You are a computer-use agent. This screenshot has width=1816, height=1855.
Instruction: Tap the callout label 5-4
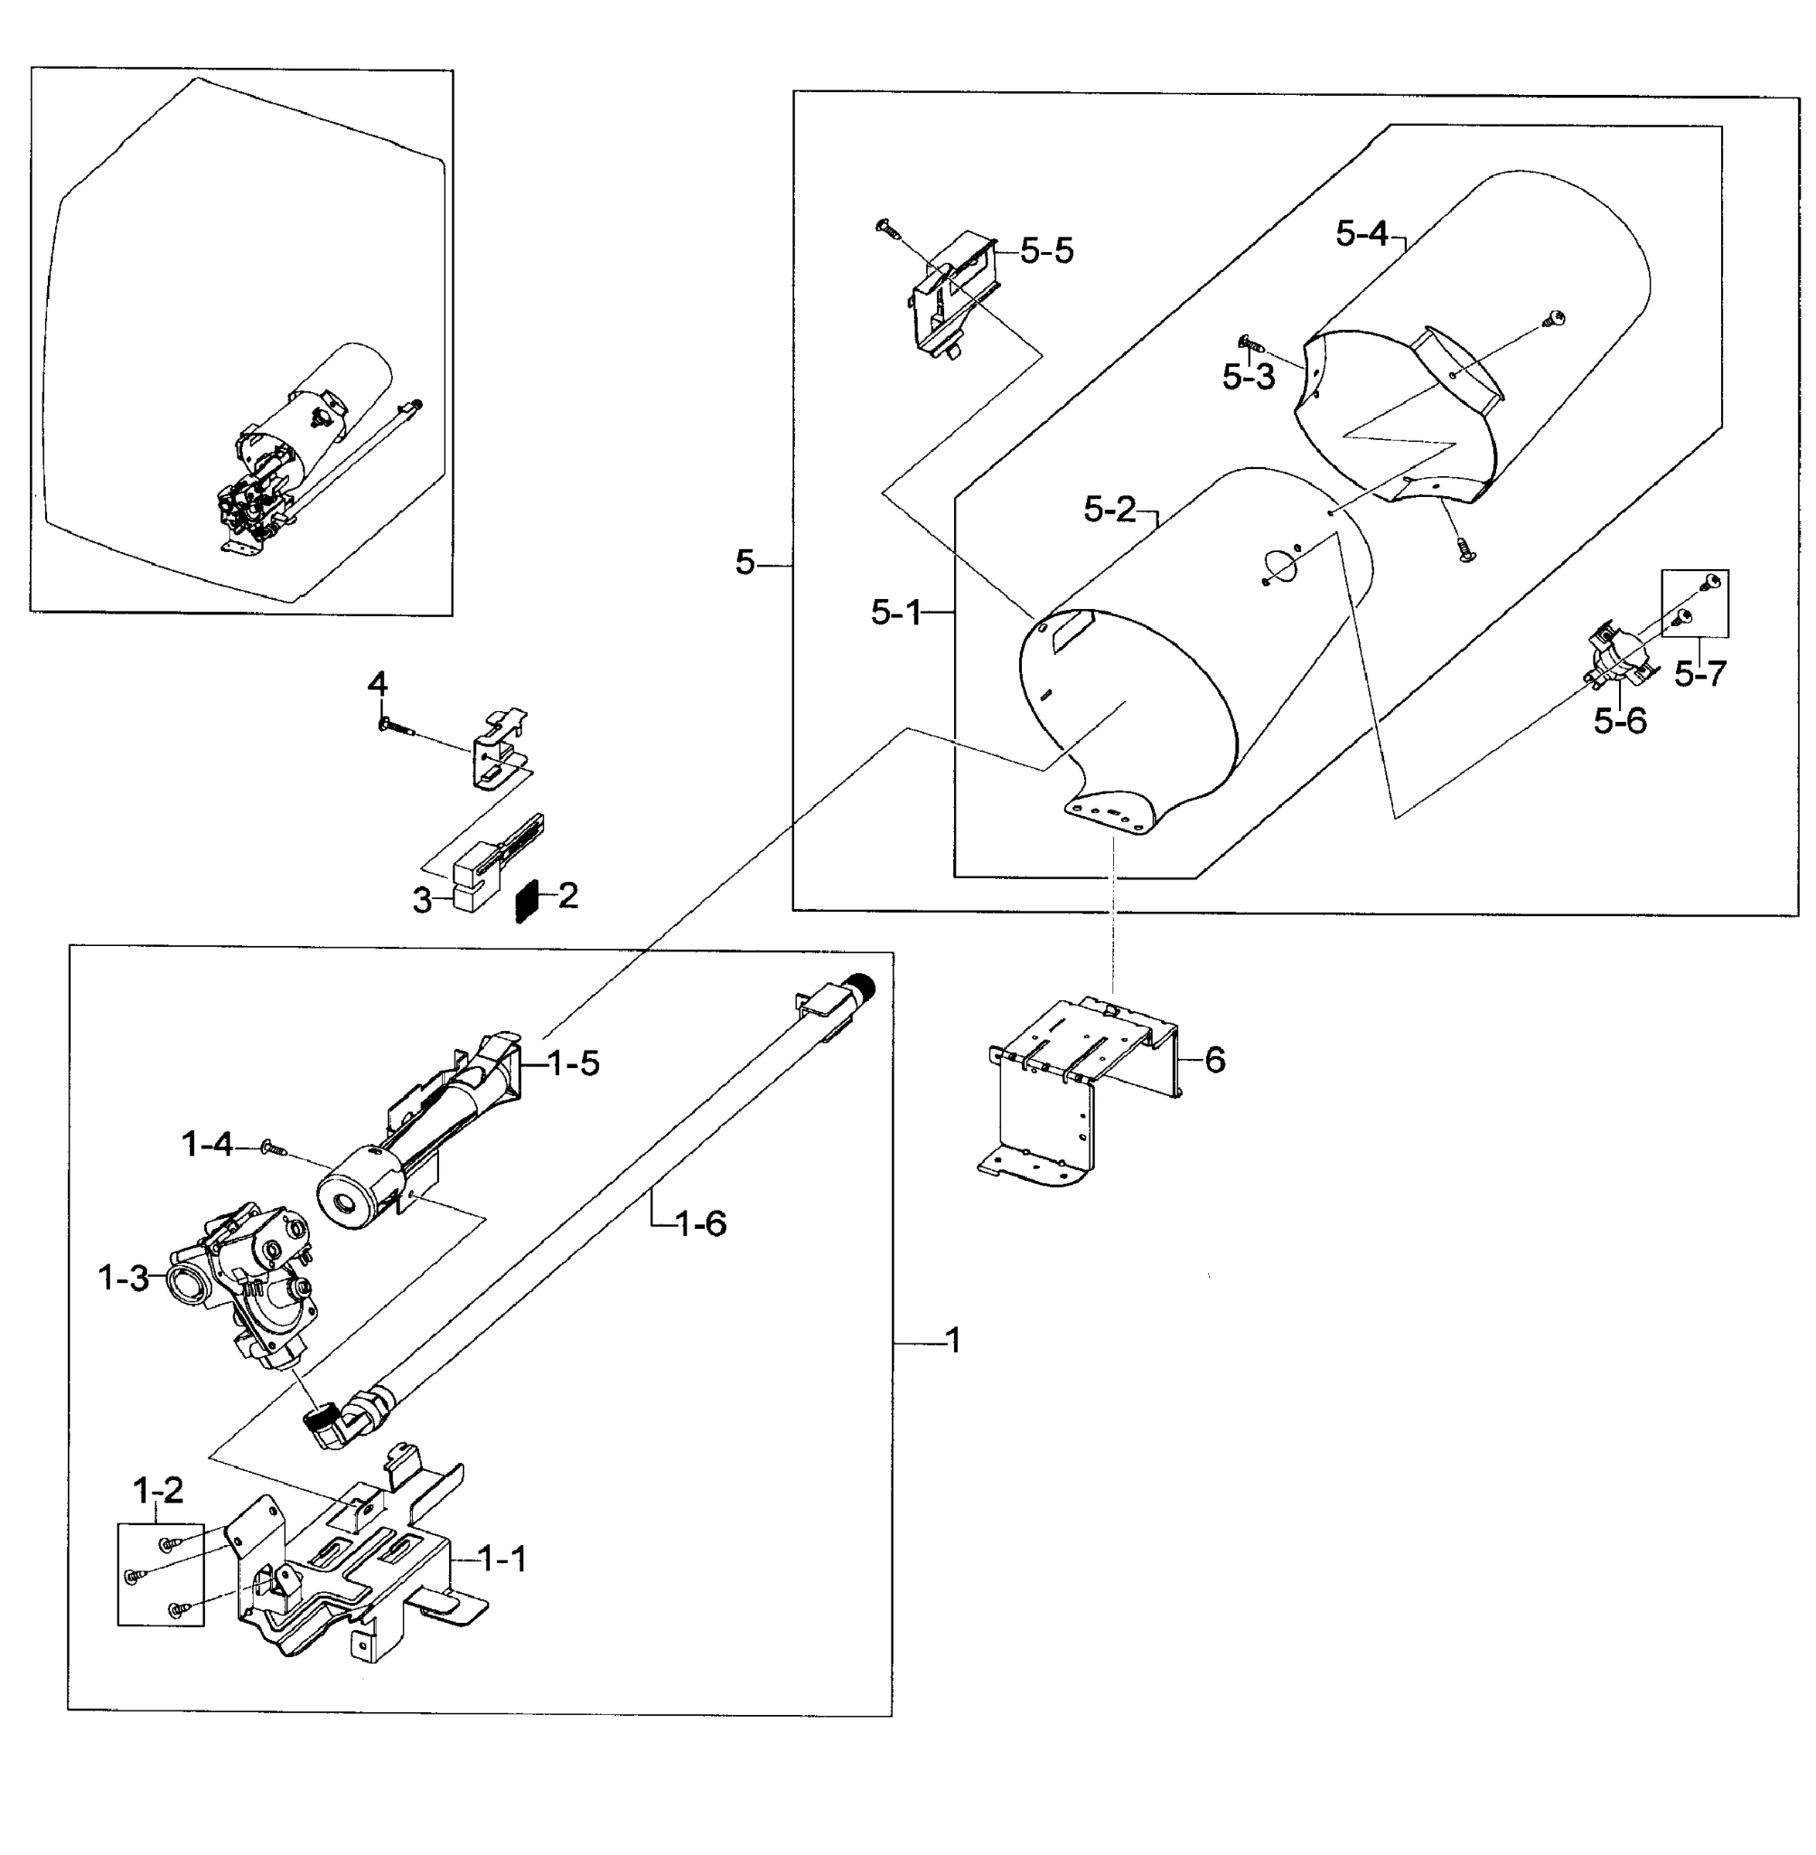pyautogui.click(x=1361, y=233)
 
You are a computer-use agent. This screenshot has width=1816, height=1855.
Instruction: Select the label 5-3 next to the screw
pyautogui.click(x=1249, y=376)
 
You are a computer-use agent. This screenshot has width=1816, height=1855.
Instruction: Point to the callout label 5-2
pyautogui.click(x=1110, y=509)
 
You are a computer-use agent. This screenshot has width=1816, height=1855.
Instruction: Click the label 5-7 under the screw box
pyautogui.click(x=1701, y=674)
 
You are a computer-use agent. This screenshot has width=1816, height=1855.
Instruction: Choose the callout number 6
pyautogui.click(x=1215, y=1059)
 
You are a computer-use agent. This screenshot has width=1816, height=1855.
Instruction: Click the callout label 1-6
pyautogui.click(x=700, y=1223)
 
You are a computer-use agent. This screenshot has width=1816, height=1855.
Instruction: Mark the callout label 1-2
pyautogui.click(x=158, y=1488)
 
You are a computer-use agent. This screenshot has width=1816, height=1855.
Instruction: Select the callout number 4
pyautogui.click(x=378, y=684)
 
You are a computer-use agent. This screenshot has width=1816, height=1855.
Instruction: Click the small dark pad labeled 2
pyautogui.click(x=527, y=900)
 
